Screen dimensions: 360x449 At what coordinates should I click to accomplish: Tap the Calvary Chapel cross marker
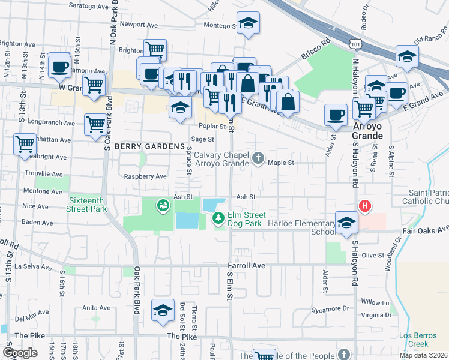(258, 158)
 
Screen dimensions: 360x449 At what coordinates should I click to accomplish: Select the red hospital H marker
(364, 206)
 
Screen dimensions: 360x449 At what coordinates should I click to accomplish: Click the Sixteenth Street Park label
(88, 205)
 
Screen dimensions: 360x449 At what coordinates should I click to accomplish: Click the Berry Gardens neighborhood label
(149, 147)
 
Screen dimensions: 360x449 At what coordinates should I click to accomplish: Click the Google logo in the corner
(20, 352)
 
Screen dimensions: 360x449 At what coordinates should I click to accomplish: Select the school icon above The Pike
(162, 310)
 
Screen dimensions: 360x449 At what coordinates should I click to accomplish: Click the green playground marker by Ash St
(162, 206)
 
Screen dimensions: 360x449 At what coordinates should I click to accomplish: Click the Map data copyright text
(423, 355)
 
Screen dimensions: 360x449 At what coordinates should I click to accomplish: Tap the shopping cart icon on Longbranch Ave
(95, 124)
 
